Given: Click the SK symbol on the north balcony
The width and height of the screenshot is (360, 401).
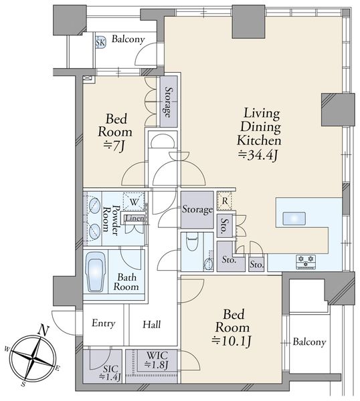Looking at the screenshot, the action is point(100,43).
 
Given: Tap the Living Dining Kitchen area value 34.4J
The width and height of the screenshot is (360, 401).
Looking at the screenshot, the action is point(258,155).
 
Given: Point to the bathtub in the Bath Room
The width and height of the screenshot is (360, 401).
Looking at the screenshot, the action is point(95,272).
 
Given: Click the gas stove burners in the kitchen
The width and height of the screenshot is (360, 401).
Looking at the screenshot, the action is point(306,261).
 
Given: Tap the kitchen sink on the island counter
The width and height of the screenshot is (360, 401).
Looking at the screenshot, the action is point(294,219).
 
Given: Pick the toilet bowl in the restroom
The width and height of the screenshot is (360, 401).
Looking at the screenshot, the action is point(192,242).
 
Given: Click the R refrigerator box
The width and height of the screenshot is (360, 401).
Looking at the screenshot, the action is point(224,201).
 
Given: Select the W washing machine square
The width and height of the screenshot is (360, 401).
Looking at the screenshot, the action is point(133,202).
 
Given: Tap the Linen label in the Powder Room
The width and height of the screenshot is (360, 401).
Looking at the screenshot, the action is point(134,219).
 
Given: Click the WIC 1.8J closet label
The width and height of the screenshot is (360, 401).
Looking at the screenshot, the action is point(157,360).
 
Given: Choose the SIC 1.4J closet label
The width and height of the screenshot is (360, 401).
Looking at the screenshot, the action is point(110,372).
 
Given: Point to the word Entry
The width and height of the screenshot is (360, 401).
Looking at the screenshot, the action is point(104,323).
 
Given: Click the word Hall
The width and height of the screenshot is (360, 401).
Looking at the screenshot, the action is point(152,324).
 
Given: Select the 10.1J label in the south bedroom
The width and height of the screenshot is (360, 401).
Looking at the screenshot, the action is point(232,341).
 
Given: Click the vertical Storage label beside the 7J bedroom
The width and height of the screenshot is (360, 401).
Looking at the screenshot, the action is point(168,102).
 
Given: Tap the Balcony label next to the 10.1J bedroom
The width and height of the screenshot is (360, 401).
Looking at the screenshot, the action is point(309,342).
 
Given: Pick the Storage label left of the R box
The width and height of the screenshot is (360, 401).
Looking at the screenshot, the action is point(197,209).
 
